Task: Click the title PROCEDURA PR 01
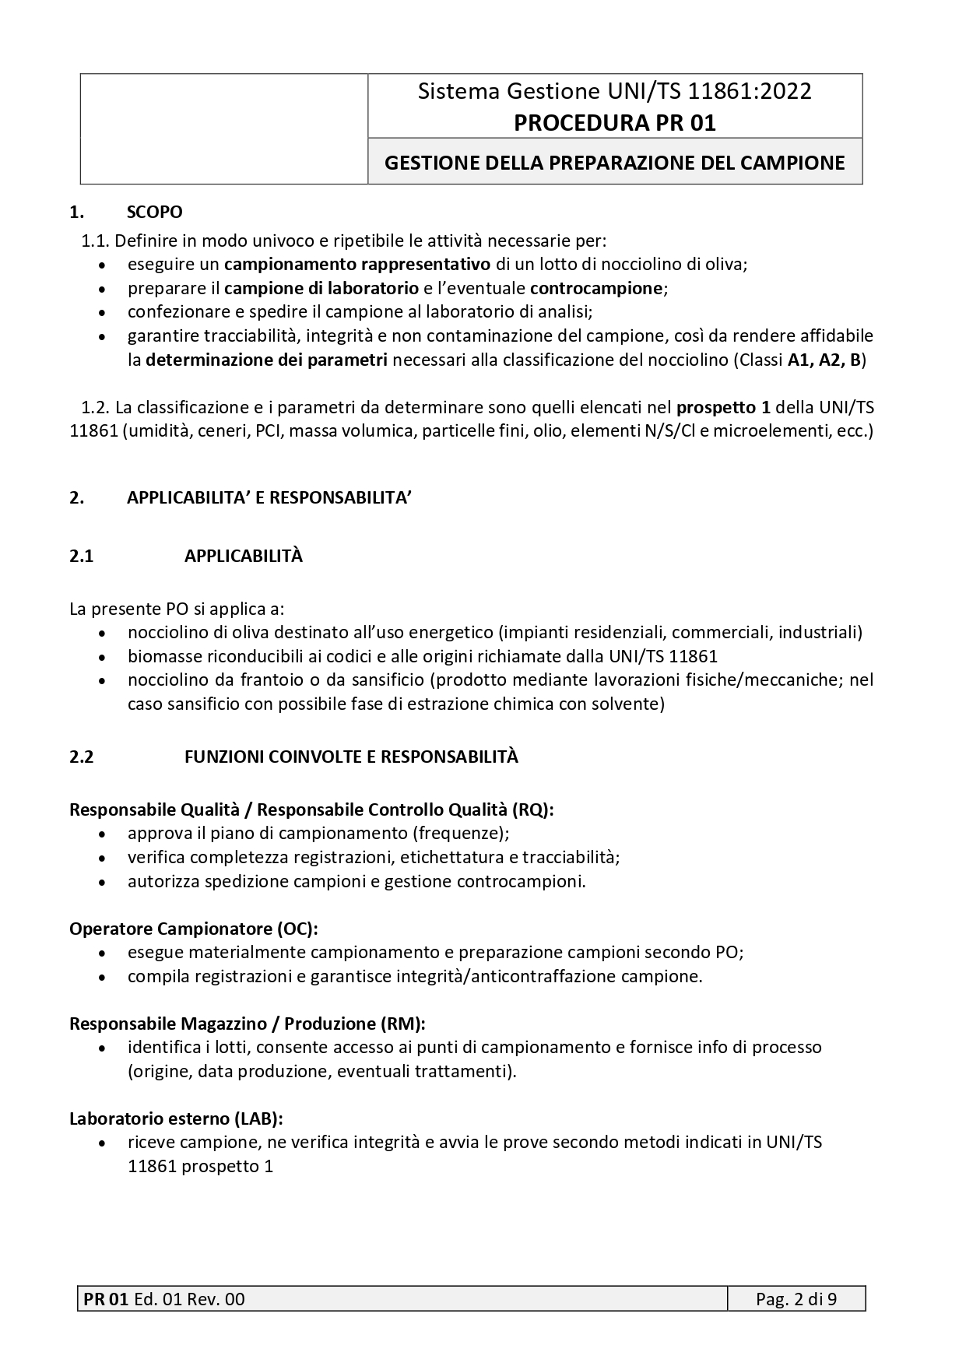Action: click(614, 123)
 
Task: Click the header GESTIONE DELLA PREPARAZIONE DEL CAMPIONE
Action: click(614, 163)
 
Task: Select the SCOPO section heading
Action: click(154, 212)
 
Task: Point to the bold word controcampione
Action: click(596, 288)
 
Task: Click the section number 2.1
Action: click(82, 557)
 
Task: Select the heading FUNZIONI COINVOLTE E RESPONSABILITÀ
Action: click(351, 757)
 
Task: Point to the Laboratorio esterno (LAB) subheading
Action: click(176, 1118)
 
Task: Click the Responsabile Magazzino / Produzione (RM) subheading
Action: click(247, 1024)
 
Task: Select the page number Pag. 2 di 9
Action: click(796, 1299)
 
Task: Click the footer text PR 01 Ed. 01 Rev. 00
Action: click(164, 1299)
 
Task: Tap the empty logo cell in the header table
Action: click(224, 129)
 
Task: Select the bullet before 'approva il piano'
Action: click(104, 834)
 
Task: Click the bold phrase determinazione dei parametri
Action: click(266, 360)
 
